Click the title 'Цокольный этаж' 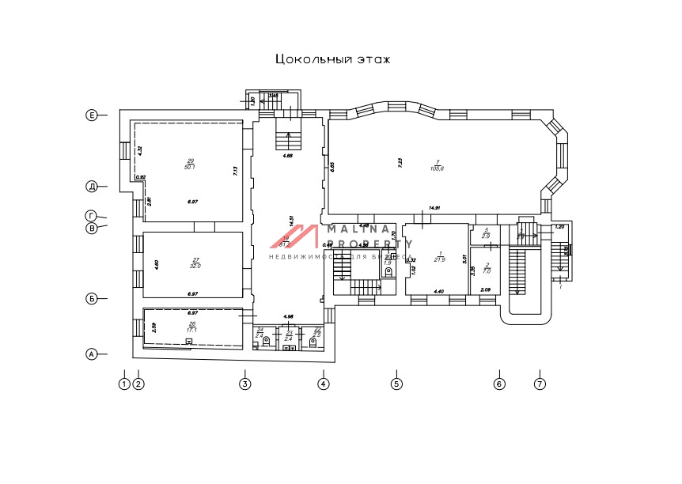tap(332, 59)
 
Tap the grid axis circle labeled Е tap(92, 115)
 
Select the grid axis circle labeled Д tap(92, 187)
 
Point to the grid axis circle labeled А tap(92, 354)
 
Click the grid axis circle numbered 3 tap(245, 384)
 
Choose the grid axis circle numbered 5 tap(397, 384)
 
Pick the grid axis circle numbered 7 tap(539, 384)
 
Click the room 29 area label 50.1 tap(190, 167)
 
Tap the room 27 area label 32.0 tap(195, 267)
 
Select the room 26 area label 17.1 tap(192, 329)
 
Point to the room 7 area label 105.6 tap(436, 168)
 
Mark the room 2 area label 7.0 tap(487, 271)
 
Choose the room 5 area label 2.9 tap(487, 236)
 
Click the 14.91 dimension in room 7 tap(434, 209)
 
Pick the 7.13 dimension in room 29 tap(235, 169)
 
